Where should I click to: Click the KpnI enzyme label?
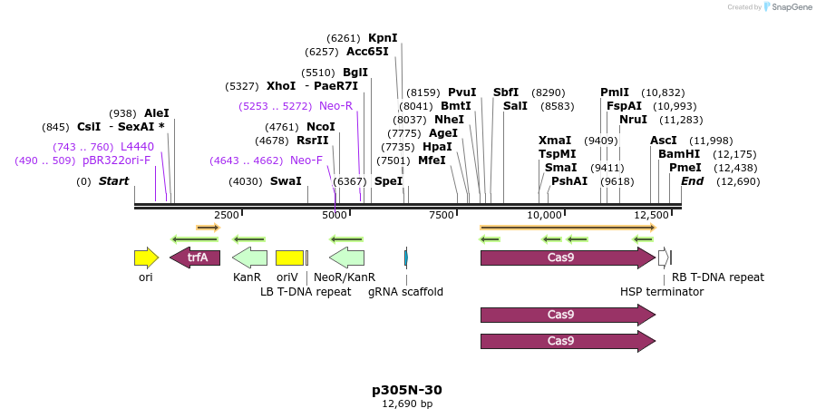point(383,38)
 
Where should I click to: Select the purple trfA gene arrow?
point(195,258)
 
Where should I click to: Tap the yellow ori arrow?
point(145,258)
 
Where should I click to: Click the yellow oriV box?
point(289,258)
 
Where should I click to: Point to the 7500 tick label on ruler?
point(441,215)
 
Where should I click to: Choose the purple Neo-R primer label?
point(335,106)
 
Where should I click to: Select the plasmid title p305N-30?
point(407,390)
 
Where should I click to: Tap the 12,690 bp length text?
point(407,404)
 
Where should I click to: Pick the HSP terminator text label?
point(661,292)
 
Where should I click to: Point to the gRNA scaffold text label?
point(405,292)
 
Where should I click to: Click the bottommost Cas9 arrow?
point(567,341)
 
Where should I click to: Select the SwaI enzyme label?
point(286,181)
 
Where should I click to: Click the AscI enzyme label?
point(664,141)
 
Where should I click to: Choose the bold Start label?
point(113,181)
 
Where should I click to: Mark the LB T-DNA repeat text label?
point(306,292)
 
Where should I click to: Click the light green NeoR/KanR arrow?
point(345,258)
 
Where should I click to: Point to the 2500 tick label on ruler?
point(227,215)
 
